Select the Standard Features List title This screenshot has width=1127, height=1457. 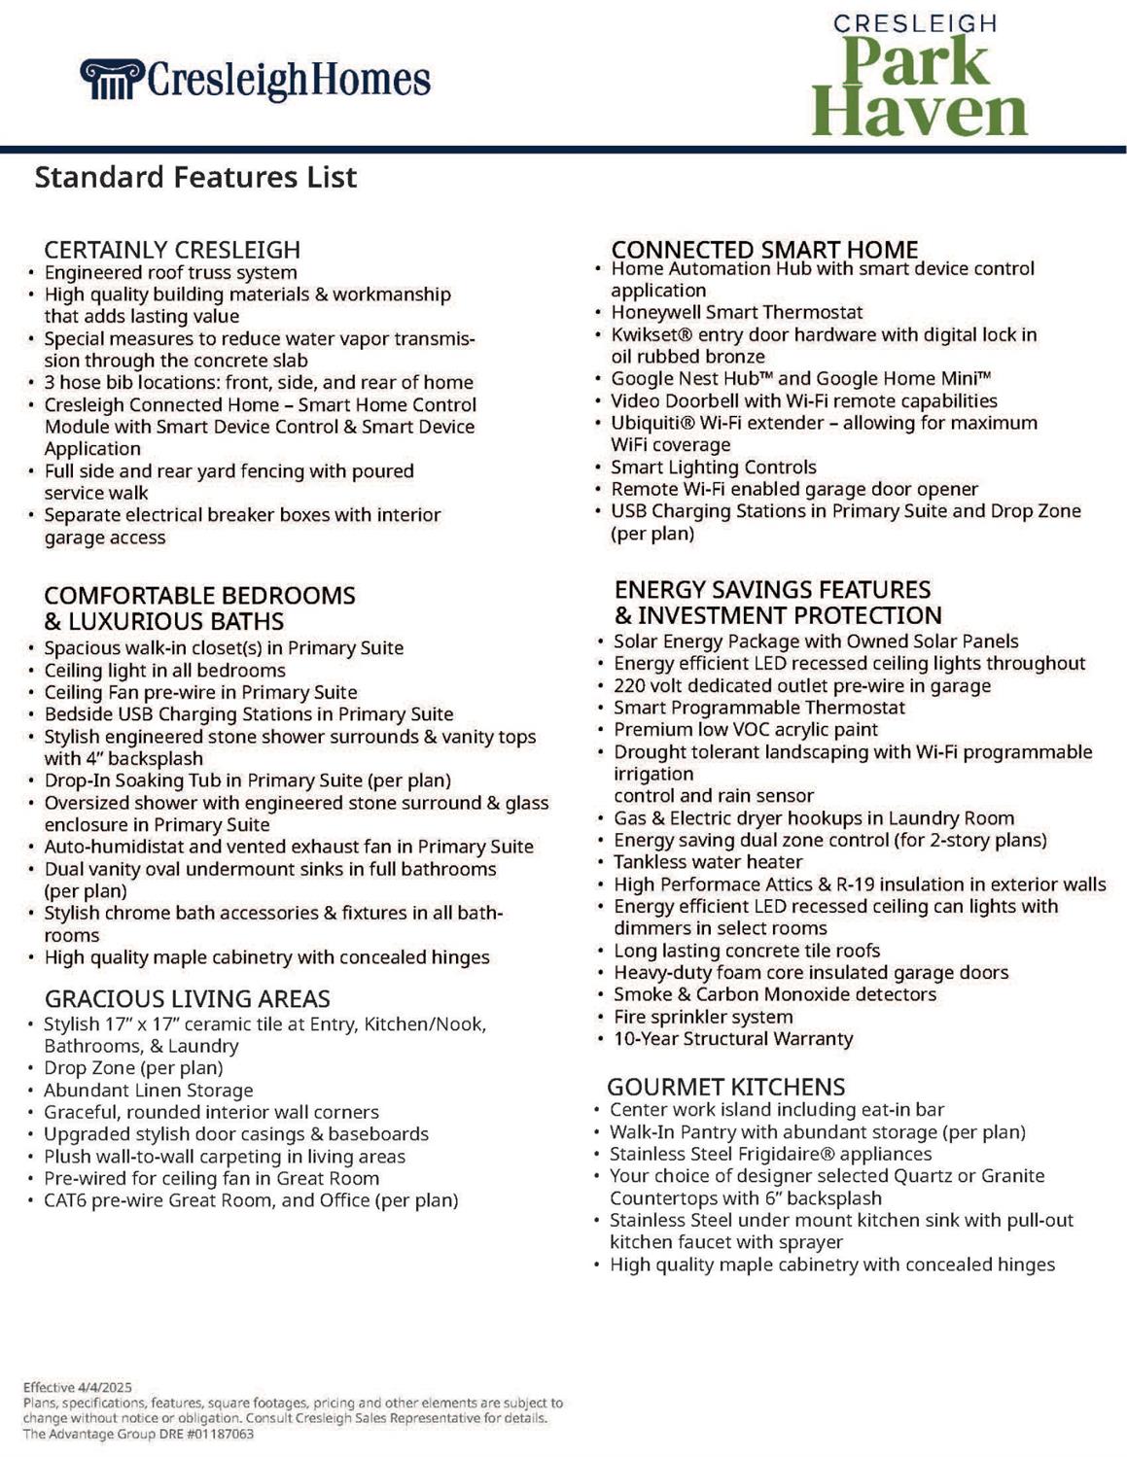(x=195, y=177)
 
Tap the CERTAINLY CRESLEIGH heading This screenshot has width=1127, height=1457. (x=172, y=250)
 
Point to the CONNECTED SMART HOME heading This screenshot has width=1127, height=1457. (x=764, y=250)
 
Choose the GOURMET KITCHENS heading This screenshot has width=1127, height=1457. (x=725, y=1087)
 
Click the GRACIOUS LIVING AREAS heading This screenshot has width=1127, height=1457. (x=187, y=999)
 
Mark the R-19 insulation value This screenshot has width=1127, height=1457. (x=858, y=885)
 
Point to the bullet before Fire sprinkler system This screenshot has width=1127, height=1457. (x=601, y=1018)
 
